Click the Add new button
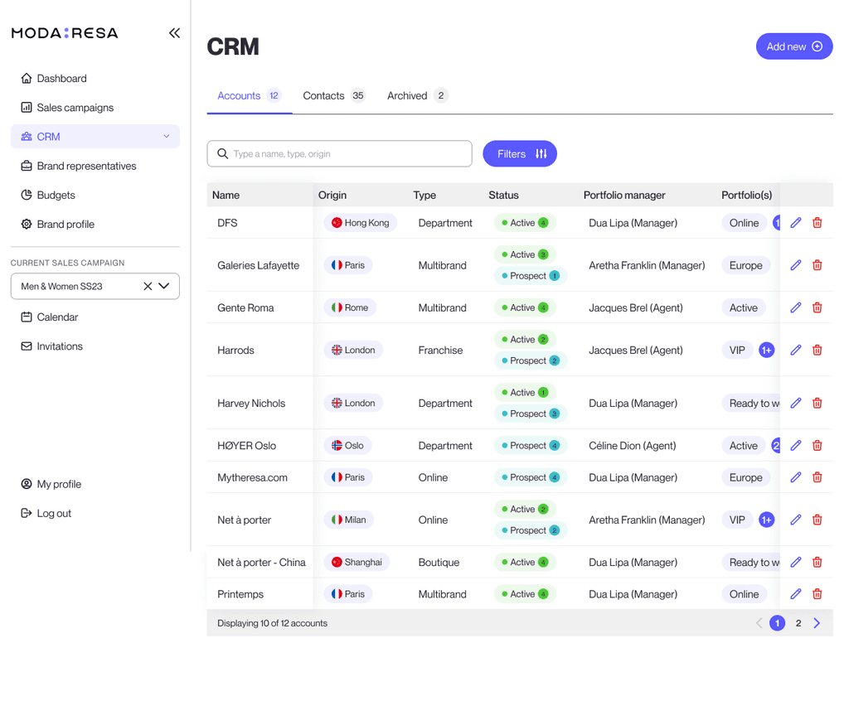pos(793,46)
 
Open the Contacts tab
pos(333,96)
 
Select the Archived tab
pos(417,96)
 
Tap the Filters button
pos(519,153)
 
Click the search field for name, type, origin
pos(339,153)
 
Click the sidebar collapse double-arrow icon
pos(174,33)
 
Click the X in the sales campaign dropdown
pos(148,286)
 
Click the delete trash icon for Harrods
pos(817,350)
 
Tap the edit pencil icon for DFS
pos(795,222)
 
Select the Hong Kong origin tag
pos(360,223)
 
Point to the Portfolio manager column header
pos(624,196)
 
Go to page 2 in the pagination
pos(798,623)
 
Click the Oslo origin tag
pos(347,446)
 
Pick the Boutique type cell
pos(439,563)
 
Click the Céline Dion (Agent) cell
pos(633,446)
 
